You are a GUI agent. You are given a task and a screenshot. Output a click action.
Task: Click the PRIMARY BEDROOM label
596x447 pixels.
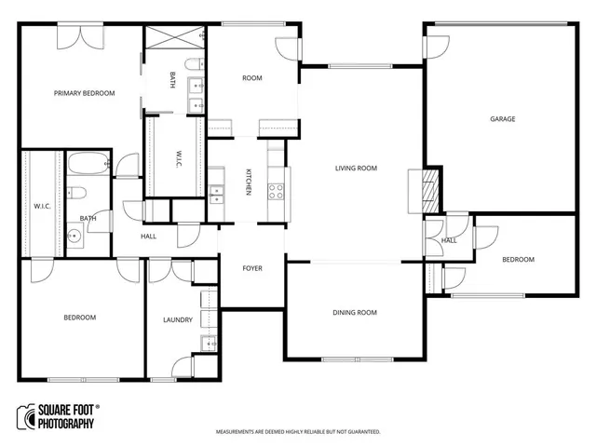(x=84, y=93)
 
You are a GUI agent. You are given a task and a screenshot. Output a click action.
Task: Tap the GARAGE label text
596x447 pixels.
(x=503, y=119)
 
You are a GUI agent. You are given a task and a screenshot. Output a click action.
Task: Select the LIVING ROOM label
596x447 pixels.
(x=356, y=169)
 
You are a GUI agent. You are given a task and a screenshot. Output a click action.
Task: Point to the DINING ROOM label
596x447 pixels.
(x=355, y=313)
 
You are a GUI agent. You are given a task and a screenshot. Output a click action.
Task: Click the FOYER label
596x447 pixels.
(x=252, y=268)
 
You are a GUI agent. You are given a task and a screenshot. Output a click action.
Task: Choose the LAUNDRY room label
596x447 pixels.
(x=177, y=320)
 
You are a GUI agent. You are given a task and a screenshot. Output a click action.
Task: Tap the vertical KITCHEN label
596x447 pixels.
(x=249, y=183)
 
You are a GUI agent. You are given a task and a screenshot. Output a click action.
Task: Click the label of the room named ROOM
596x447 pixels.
(x=252, y=78)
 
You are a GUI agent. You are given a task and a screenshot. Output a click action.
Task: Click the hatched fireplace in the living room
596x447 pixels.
(x=428, y=186)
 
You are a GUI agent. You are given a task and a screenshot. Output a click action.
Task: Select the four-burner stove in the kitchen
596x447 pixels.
(x=277, y=192)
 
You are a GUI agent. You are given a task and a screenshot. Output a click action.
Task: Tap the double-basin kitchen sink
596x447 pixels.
(x=216, y=194)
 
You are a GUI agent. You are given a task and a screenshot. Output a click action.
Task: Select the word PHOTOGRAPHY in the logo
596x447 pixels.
(x=66, y=425)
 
